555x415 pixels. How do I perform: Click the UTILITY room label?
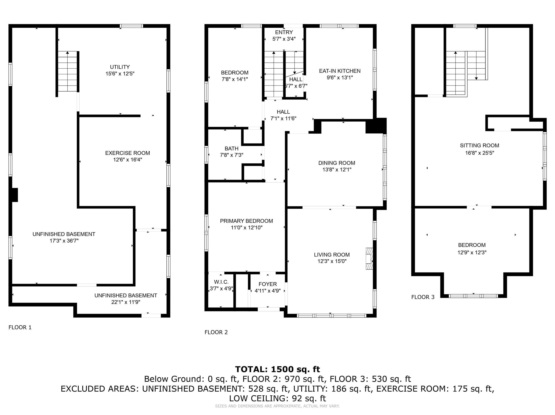coord(120,67)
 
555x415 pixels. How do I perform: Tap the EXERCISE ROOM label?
coord(128,153)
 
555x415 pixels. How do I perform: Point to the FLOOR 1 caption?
coord(20,327)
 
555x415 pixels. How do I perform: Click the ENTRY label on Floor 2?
coord(284,32)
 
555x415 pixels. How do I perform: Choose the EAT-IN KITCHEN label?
coord(340,71)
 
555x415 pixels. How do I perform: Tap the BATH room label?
coord(231,148)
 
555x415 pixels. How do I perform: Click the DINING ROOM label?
coord(337,163)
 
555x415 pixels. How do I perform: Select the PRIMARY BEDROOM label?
coord(246,221)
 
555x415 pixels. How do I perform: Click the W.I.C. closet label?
coord(221,282)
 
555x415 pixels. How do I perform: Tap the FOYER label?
coord(268,284)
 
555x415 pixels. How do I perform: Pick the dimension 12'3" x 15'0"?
coord(332,261)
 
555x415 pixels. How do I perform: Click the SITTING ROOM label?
coord(480,145)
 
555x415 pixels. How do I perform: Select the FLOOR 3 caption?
coord(423,297)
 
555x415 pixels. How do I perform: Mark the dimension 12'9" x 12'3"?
coord(472,252)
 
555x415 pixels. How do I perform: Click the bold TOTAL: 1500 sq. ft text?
coord(277,369)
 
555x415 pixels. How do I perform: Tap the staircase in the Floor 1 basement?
coord(67,71)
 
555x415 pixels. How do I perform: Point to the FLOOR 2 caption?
coord(216,332)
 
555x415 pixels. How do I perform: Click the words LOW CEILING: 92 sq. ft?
coord(277,398)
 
